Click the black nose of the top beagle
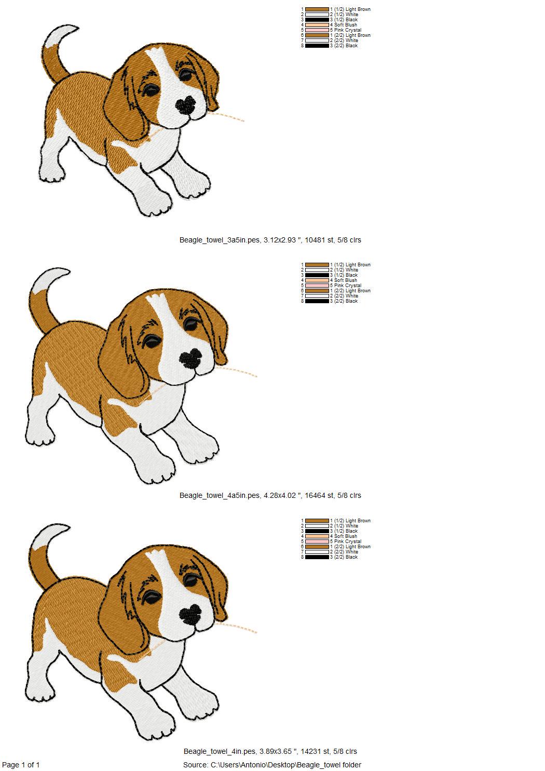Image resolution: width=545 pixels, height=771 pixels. (x=186, y=105)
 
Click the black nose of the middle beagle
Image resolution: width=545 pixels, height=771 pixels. (x=191, y=358)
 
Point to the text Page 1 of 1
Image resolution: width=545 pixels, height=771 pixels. (x=21, y=765)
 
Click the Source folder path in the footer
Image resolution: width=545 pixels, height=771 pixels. (x=272, y=765)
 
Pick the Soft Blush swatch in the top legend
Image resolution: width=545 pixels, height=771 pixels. (x=317, y=25)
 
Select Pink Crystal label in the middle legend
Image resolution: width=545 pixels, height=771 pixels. (x=347, y=286)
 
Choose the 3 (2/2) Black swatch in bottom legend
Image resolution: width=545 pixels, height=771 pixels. (x=317, y=557)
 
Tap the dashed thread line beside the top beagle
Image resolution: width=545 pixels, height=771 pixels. (x=228, y=117)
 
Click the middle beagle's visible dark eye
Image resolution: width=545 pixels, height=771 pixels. (x=152, y=341)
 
